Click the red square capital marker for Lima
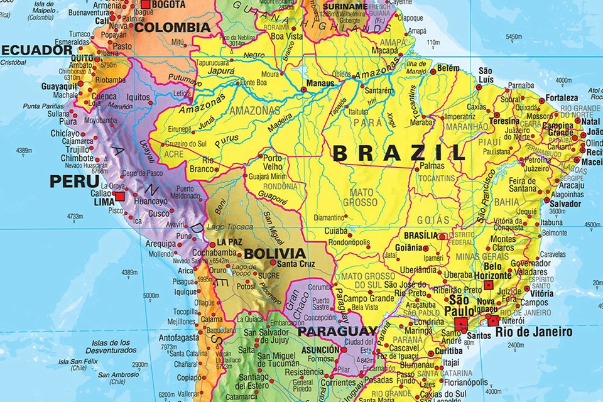coord(119,197)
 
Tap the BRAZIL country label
coord(399,153)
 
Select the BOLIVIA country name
coord(275,254)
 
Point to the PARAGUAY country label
coord(337,331)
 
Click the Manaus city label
coord(319,82)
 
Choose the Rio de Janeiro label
coord(534,332)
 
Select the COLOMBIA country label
coord(173,28)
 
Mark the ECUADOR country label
coord(36,50)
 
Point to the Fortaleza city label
coord(562,98)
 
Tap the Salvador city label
coord(565,204)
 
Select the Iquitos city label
coord(138,98)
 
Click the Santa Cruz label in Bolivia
coord(296,264)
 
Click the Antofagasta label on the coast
coord(178,337)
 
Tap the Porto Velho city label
coord(273,163)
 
